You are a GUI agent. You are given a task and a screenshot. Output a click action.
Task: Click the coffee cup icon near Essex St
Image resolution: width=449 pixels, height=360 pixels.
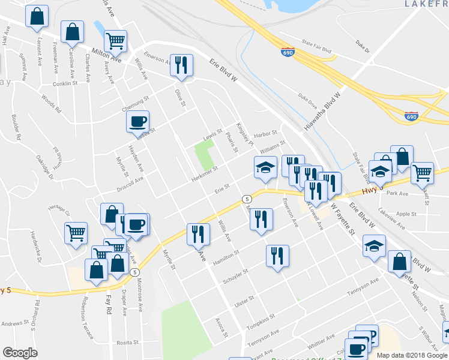137,122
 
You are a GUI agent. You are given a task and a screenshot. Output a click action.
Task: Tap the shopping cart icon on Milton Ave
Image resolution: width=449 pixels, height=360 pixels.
115,41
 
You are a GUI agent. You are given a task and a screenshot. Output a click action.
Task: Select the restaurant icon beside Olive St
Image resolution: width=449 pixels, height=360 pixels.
181,65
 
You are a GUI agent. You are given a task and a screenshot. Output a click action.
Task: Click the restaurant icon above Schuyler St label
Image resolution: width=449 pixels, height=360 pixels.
277,256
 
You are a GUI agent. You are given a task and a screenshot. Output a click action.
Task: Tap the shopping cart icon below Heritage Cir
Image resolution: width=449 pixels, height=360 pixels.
76,233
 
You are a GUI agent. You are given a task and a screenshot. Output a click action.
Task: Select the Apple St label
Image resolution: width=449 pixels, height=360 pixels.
406,214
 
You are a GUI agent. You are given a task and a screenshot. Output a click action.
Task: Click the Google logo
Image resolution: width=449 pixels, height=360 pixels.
20,353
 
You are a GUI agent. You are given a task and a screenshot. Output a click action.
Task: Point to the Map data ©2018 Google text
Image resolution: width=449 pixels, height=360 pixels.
411,355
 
